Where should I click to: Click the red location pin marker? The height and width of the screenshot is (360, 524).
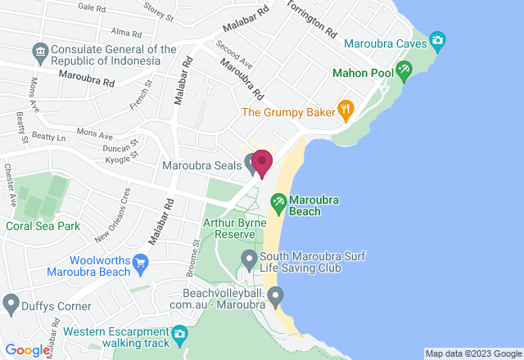[262, 162]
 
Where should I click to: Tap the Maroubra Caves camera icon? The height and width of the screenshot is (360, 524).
[438, 40]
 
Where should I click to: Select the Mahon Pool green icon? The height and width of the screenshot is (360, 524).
[403, 70]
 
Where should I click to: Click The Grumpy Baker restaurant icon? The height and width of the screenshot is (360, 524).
[346, 108]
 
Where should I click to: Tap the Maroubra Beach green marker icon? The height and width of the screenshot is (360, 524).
[278, 200]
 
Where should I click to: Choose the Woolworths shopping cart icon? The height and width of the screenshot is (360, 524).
[140, 263]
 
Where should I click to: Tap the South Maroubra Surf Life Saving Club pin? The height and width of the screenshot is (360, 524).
[249, 261]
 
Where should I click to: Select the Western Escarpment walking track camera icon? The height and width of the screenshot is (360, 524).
[179, 334]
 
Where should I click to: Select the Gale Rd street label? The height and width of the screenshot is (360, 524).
[91, 7]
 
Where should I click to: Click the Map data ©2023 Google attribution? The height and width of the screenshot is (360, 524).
[472, 354]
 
